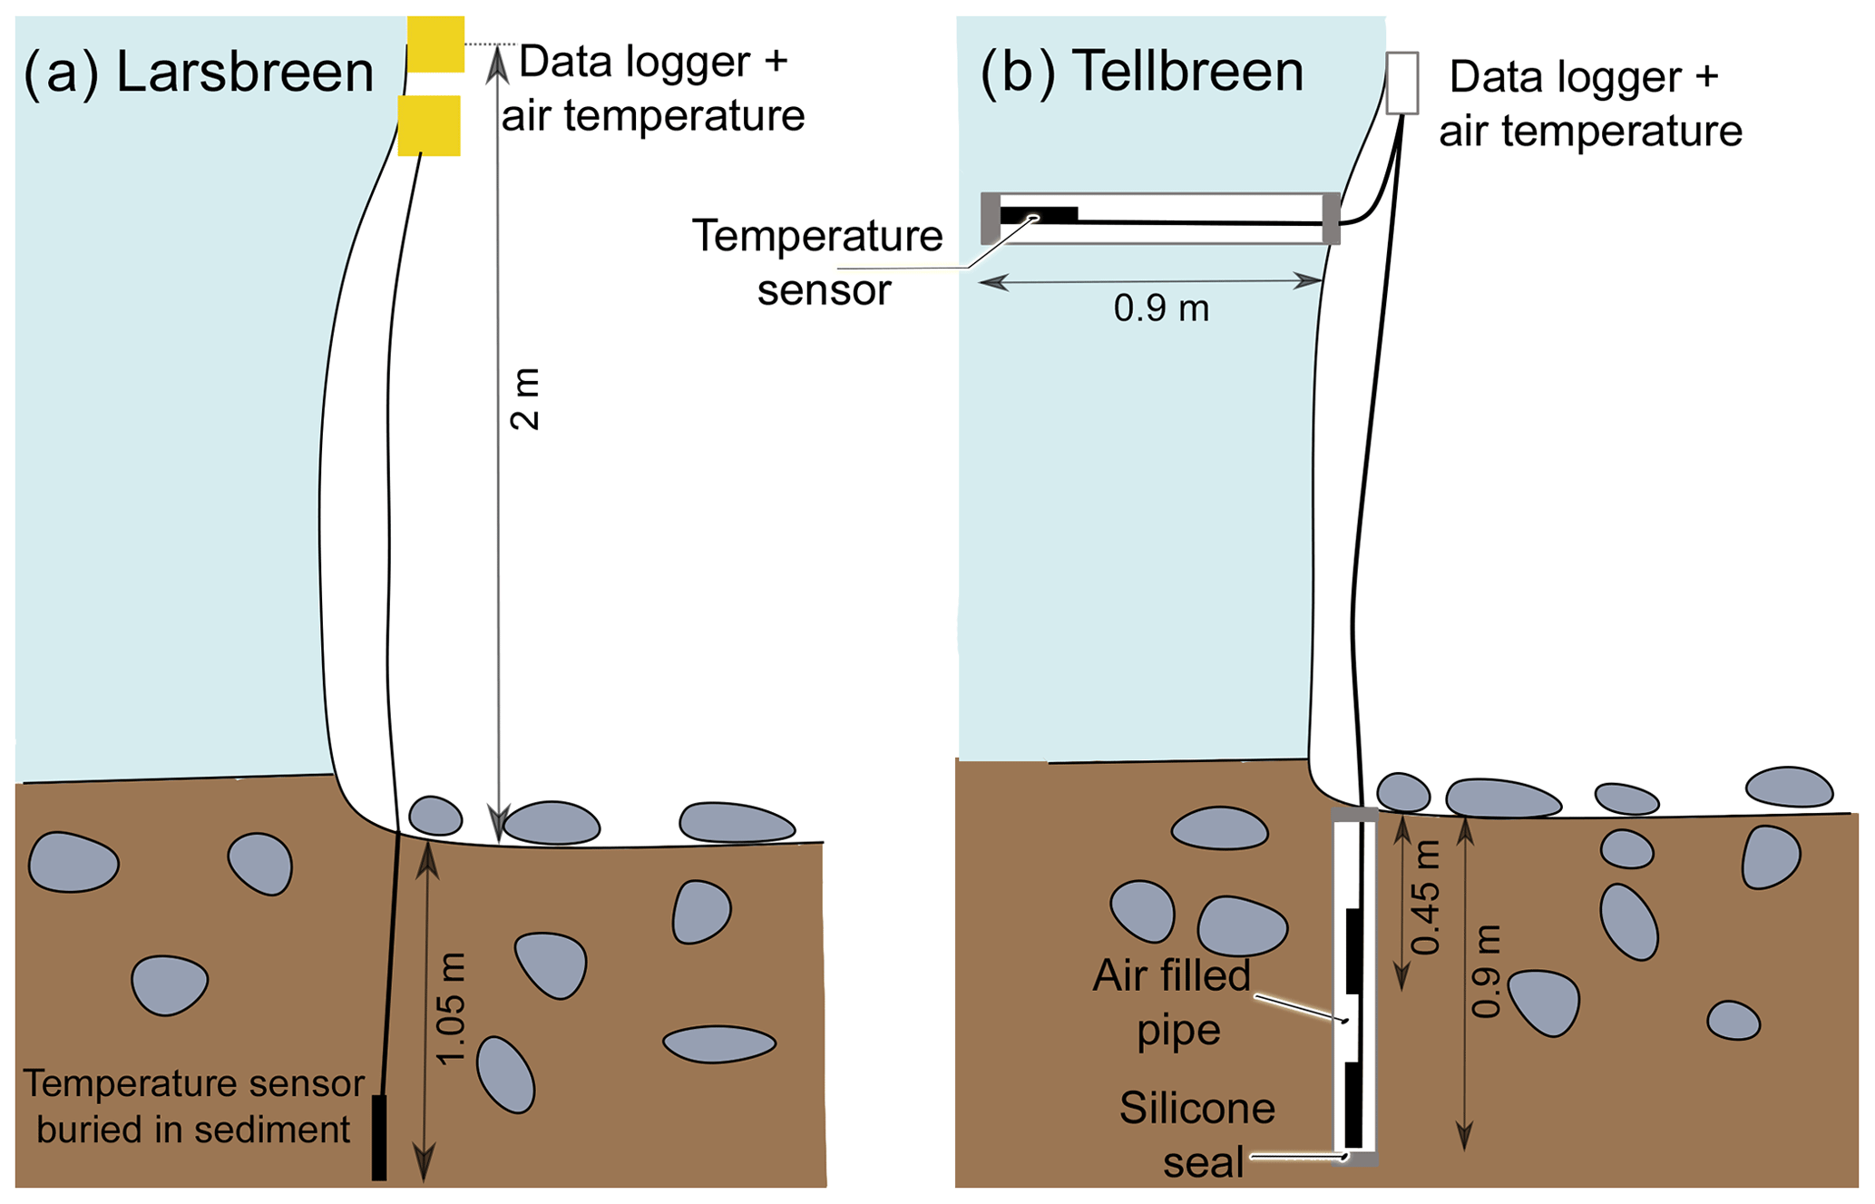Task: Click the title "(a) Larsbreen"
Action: coord(199,73)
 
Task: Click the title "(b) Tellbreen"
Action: coord(1142,72)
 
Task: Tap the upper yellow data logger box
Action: coord(435,44)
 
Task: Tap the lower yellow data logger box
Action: coord(429,126)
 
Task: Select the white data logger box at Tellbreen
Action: coord(1401,83)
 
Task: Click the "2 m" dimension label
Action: coord(525,399)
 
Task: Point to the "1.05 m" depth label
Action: coord(451,1007)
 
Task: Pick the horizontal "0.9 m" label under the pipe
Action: coord(1161,308)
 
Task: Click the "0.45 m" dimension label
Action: coord(1426,898)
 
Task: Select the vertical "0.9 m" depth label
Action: coord(1486,971)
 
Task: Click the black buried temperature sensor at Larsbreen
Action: coord(379,1138)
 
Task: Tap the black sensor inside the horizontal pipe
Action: coord(1039,216)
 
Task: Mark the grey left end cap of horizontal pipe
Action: coord(991,218)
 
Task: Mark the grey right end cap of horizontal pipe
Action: coord(1331,218)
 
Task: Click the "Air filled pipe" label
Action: coord(1171,1003)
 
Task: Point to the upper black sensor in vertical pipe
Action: coord(1353,950)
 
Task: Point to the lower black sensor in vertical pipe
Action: coord(1353,1105)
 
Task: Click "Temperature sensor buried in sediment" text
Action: coord(193,1106)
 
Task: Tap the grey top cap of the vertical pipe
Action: coord(1354,815)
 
